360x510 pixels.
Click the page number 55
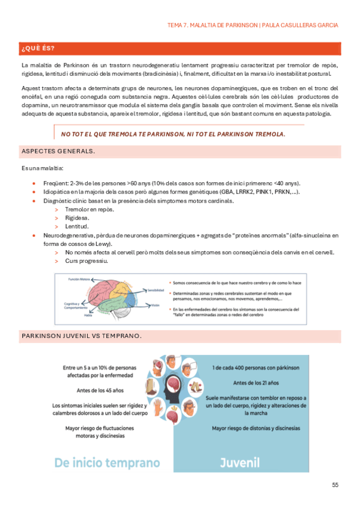tap(335, 484)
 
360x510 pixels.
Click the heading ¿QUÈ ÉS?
tap(38, 49)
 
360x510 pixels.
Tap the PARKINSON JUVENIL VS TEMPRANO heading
tap(81, 336)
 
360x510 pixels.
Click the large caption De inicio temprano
tap(107, 462)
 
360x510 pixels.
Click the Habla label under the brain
tap(88, 315)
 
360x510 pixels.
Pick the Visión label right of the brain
tap(155, 305)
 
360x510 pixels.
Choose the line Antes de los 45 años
tap(100, 390)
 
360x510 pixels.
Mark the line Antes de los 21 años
tap(255, 382)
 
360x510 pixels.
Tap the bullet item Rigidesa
tap(77, 218)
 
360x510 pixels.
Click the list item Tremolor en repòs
tap(90, 209)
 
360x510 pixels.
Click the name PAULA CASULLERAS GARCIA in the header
tap(301, 25)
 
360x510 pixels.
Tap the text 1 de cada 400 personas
tap(255, 367)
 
